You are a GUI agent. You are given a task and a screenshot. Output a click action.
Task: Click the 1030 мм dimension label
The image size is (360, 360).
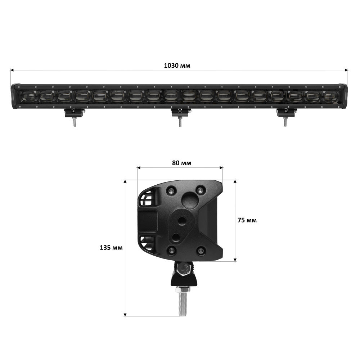click(177, 66)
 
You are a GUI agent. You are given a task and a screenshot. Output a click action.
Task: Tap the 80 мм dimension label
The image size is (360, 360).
click(181, 163)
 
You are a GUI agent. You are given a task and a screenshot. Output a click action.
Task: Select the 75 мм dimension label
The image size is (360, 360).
click(247, 220)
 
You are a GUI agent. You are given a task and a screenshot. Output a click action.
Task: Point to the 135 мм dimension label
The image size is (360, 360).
click(111, 248)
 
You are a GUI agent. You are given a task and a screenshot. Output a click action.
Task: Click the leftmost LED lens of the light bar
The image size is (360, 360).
click(29, 96)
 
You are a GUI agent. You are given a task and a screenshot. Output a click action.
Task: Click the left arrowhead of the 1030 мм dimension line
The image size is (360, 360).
click(12, 70)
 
